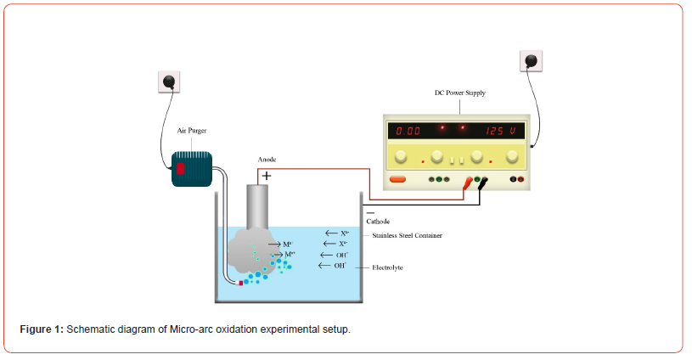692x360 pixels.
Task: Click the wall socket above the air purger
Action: point(171,82)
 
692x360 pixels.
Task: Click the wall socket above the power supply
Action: point(531,61)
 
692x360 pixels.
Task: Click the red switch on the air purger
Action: point(180,168)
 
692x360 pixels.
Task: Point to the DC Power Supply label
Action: point(459,93)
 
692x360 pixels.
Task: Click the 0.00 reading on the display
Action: point(408,132)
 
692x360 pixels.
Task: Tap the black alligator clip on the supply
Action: point(483,182)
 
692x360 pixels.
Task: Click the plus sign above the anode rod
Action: point(266,175)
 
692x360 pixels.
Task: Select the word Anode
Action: point(267,160)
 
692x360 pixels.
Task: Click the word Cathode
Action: point(377,221)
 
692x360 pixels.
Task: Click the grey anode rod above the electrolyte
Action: point(257,204)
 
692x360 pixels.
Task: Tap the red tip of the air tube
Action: point(241,282)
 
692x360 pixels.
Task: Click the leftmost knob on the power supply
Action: point(402,156)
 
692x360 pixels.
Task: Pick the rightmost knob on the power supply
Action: point(512,156)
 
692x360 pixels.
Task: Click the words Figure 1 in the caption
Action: point(42,329)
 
